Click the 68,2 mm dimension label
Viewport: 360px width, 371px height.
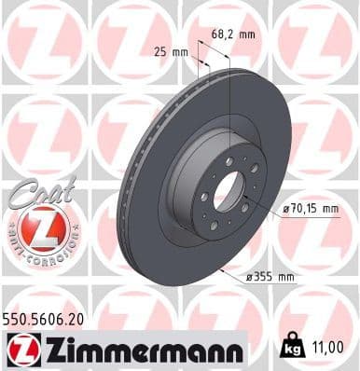(234, 34)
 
